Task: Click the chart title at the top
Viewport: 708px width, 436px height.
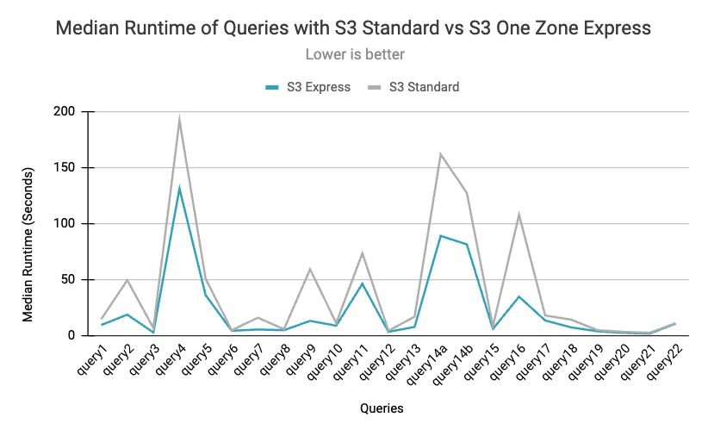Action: (353, 28)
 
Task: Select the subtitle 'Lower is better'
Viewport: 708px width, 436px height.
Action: (355, 54)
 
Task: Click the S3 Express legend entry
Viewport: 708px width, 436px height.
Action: (307, 86)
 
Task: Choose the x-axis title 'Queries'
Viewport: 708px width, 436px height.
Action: (380, 408)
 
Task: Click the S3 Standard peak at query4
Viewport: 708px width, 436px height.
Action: (180, 119)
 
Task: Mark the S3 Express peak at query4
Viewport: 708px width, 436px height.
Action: (180, 187)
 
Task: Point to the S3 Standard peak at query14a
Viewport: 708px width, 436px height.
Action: (441, 154)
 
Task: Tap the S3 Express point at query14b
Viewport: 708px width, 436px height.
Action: (467, 244)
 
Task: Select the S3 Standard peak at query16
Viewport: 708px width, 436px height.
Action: (519, 214)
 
